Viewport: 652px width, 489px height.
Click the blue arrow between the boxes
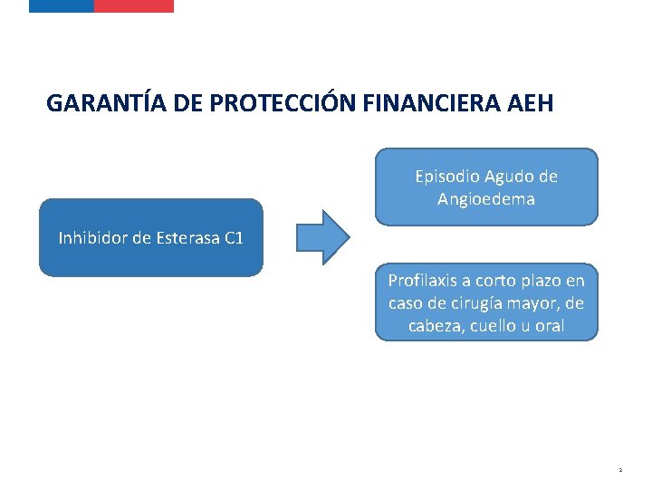pos(322,237)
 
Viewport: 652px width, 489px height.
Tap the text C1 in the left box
pos(234,238)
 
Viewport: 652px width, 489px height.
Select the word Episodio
pos(447,177)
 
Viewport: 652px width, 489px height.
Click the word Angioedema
pos(486,198)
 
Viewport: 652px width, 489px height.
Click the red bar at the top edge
pos(133,5)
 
